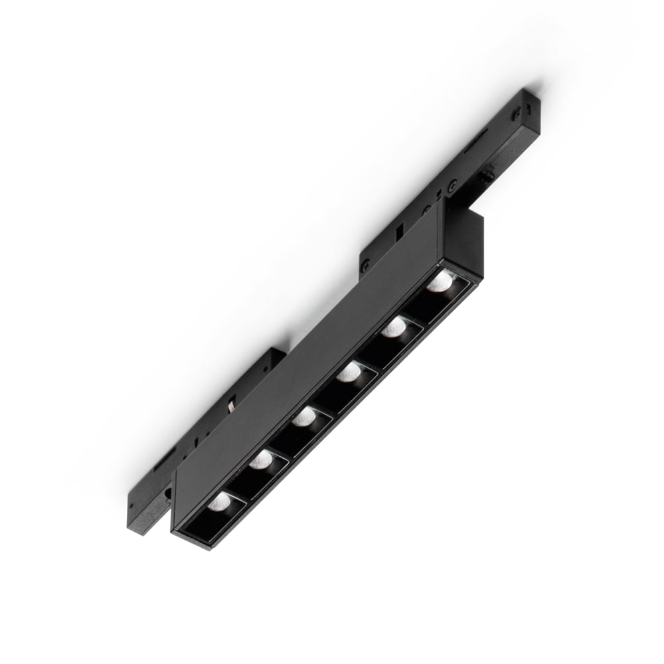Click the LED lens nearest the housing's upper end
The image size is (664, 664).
(438, 284)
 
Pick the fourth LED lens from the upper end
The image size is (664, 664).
(305, 418)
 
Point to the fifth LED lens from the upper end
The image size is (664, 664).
(262, 459)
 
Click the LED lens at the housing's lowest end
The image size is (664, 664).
(219, 501)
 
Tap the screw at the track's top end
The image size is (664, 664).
(516, 114)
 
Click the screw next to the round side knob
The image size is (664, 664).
(451, 189)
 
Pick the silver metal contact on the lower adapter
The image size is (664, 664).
(230, 406)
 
